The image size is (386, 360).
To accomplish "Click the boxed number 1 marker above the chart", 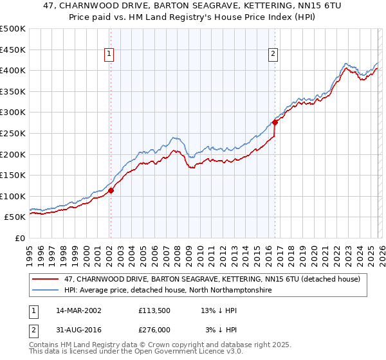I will pos(110,55).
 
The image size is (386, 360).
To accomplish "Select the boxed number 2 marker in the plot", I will pos(273,55).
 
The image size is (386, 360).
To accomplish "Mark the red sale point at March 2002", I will pos(111,190).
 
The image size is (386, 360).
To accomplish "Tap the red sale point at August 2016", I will pos(275,122).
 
